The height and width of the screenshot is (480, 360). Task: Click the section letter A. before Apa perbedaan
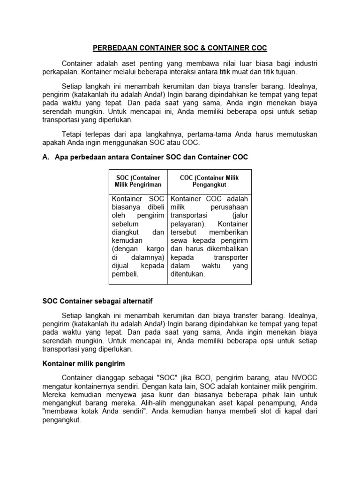tap(46, 158)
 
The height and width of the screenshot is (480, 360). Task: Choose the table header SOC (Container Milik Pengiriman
tap(138, 181)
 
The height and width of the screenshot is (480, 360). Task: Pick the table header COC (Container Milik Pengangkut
tap(210, 181)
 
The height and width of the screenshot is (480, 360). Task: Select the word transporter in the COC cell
tap(232, 257)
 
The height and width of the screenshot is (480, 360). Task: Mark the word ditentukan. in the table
tap(188, 274)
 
